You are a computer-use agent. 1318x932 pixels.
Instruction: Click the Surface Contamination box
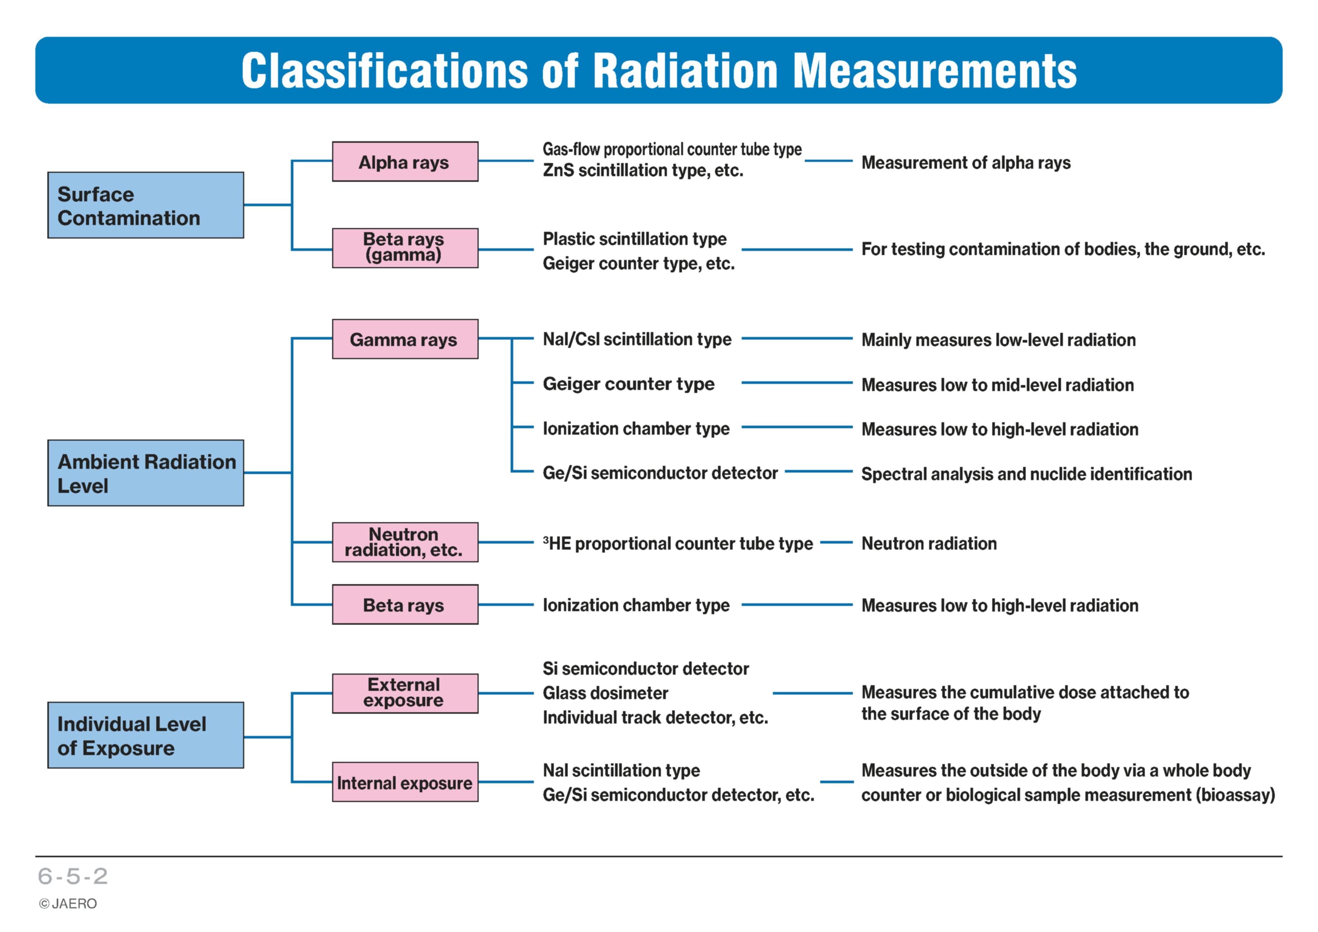pyautogui.click(x=146, y=205)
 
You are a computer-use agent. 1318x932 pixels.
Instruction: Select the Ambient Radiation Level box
pyautogui.click(x=146, y=473)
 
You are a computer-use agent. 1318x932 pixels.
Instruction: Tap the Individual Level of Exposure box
pyautogui.click(x=146, y=735)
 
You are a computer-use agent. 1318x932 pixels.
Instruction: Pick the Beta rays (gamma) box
pyautogui.click(x=405, y=248)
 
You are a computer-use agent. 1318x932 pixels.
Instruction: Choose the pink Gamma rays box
pyautogui.click(x=405, y=339)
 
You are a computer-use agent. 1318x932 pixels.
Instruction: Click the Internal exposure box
pyautogui.click(x=405, y=782)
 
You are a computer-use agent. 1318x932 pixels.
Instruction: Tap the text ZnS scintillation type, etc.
pyautogui.click(x=643, y=171)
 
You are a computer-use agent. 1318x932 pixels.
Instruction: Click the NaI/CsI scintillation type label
pyautogui.click(x=637, y=339)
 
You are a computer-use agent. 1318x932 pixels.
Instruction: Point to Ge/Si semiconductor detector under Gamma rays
pyautogui.click(x=660, y=473)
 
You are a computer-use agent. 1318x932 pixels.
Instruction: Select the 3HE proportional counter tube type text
pyautogui.click(x=678, y=544)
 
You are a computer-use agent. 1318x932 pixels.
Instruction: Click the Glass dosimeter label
pyautogui.click(x=606, y=693)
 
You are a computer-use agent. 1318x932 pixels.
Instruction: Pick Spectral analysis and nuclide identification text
pyautogui.click(x=1027, y=474)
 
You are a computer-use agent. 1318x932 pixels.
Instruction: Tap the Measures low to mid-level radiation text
pyautogui.click(x=998, y=385)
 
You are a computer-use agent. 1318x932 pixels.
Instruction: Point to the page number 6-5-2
pyautogui.click(x=73, y=876)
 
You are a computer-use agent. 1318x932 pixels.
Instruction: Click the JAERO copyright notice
pyautogui.click(x=68, y=904)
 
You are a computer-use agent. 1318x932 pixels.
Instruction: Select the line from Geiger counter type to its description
pyautogui.click(x=797, y=383)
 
